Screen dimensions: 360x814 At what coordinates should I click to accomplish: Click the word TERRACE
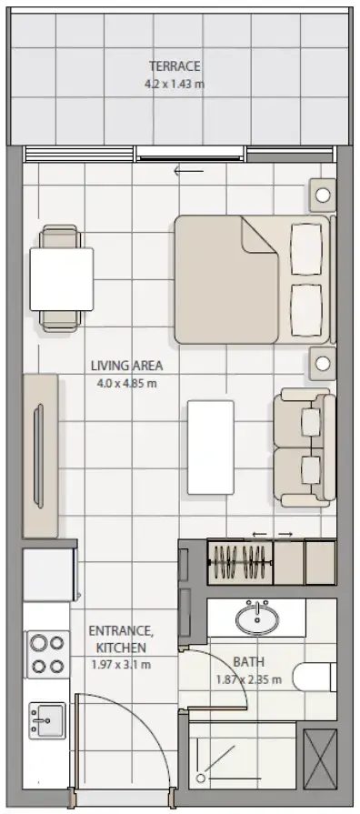(175, 66)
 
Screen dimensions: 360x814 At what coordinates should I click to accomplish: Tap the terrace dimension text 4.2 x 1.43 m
(175, 84)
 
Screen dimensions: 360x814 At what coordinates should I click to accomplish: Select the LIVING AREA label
(126, 366)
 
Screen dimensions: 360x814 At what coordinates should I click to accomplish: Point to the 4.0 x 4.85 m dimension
(126, 384)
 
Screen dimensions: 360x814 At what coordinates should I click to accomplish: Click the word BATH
(248, 662)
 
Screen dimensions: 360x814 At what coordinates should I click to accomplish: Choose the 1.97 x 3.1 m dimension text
(120, 665)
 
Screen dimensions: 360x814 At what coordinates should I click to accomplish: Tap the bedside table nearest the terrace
(323, 196)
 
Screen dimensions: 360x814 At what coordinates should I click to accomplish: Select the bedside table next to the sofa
(323, 364)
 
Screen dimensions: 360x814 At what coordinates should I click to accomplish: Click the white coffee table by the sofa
(211, 447)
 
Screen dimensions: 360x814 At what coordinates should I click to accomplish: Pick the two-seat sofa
(305, 447)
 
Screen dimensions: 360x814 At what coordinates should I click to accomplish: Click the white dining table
(62, 279)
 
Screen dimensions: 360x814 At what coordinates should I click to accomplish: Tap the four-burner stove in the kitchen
(47, 654)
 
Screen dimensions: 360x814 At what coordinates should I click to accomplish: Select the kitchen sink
(47, 720)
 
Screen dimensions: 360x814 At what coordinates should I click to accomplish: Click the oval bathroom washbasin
(257, 618)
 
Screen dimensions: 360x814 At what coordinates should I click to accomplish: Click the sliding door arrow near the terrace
(189, 171)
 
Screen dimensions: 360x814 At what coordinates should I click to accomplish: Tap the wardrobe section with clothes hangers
(240, 563)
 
